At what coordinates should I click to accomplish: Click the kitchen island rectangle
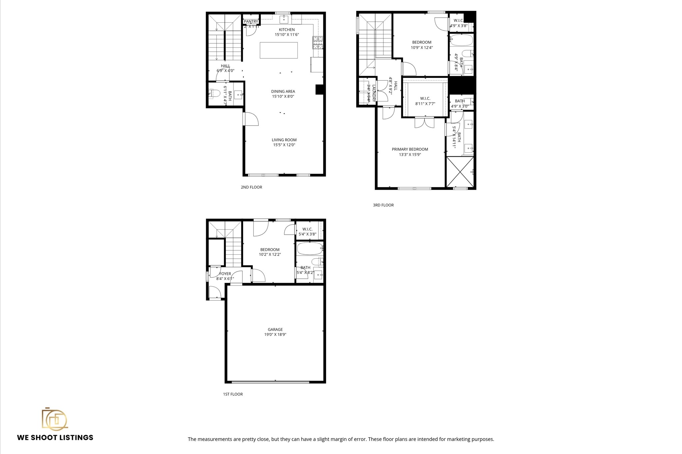[278, 50]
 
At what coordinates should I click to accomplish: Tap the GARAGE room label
[275, 329]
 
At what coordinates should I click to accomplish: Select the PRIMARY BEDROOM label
[410, 149]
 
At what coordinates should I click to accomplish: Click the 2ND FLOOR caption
[251, 187]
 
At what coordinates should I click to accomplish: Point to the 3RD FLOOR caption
[383, 205]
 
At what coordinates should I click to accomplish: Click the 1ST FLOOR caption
[233, 394]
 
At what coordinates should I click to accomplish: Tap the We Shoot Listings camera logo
[54, 419]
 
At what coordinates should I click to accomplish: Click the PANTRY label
[251, 22]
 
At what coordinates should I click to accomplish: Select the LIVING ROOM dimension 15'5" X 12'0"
[284, 145]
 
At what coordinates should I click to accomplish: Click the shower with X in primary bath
[460, 171]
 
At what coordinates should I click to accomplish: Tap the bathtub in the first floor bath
[309, 248]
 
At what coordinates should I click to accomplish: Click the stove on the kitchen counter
[317, 42]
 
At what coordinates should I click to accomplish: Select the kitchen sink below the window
[283, 19]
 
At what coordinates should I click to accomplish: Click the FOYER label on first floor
[225, 274]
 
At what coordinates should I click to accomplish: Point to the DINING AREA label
[283, 91]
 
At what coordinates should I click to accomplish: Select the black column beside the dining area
[319, 89]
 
